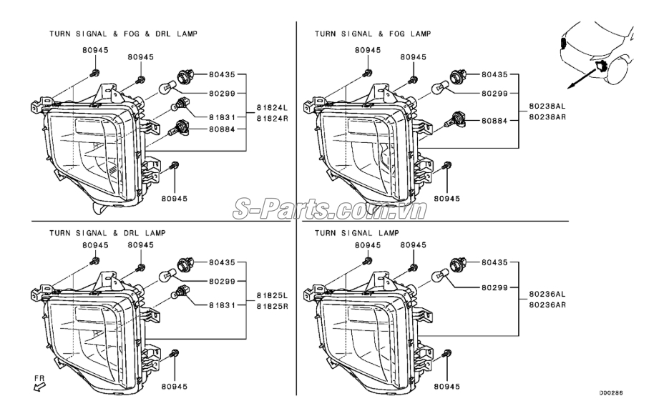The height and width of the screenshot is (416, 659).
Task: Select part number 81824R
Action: click(x=273, y=119)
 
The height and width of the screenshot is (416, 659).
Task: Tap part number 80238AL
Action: click(x=547, y=107)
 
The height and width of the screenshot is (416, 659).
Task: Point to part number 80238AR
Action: click(x=547, y=117)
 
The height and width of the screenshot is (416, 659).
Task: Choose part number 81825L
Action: click(x=273, y=296)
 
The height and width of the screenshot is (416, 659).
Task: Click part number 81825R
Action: click(x=273, y=306)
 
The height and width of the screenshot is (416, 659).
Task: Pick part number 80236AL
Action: click(x=547, y=294)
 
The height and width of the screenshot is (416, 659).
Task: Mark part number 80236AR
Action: click(x=547, y=304)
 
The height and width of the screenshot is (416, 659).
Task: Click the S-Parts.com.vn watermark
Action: click(x=330, y=209)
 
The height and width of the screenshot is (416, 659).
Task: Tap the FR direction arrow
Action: click(x=39, y=387)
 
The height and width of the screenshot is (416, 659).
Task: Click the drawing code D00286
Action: click(x=611, y=393)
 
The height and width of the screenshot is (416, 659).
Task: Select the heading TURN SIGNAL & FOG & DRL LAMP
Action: click(x=123, y=34)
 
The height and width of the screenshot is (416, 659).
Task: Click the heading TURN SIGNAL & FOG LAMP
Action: click(x=373, y=34)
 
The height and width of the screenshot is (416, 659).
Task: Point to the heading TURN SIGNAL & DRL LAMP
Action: click(x=107, y=233)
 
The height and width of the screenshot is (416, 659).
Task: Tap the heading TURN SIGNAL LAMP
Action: click(x=357, y=233)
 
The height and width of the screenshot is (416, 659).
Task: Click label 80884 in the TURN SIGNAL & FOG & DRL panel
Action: click(x=222, y=129)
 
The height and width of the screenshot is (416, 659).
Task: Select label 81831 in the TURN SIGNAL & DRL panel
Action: click(x=222, y=305)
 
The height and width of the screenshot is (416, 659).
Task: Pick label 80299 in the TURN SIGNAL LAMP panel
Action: click(x=494, y=288)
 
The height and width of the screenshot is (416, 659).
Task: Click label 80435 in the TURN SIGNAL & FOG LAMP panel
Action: click(x=494, y=75)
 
